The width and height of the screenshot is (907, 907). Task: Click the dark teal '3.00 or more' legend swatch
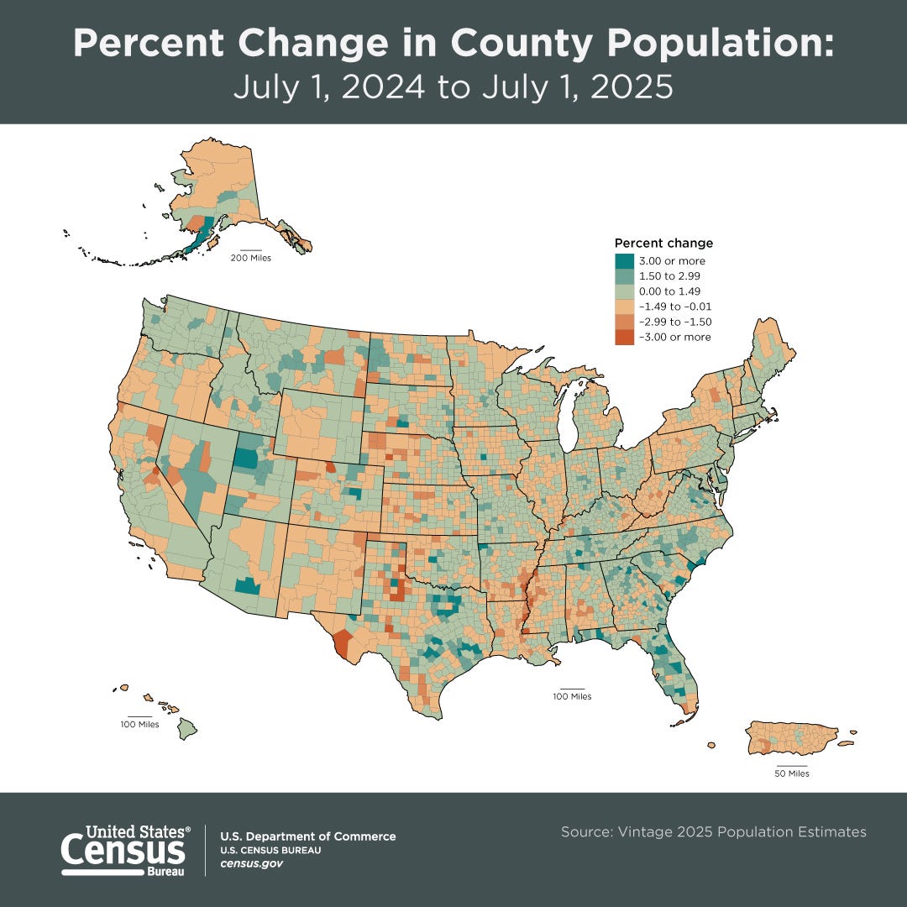tap(624, 261)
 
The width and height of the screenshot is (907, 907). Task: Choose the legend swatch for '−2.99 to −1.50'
tap(624, 322)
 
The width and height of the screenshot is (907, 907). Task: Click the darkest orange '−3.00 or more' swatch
tap(624, 337)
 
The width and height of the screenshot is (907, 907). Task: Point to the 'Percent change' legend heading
tap(663, 244)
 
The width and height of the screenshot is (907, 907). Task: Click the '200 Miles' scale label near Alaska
tap(250, 257)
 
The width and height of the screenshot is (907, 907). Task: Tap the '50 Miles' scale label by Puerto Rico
tap(791, 773)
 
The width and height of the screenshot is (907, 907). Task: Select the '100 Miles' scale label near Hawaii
tap(139, 724)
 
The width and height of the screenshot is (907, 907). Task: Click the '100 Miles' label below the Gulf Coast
tap(572, 696)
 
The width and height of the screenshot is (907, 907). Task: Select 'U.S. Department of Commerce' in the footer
tap(307, 836)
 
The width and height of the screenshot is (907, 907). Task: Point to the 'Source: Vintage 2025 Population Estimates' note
tap(713, 831)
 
